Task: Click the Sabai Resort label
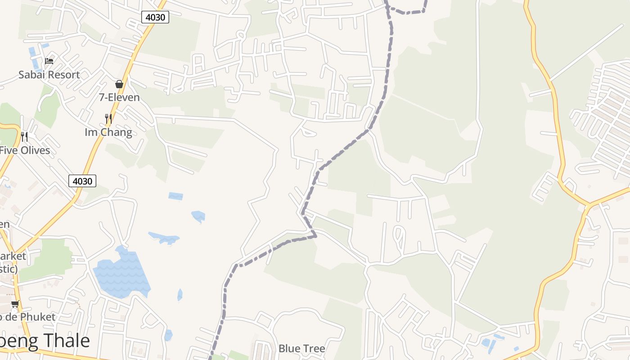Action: click(x=49, y=75)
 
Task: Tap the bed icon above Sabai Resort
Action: click(x=49, y=61)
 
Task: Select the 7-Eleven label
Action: click(x=119, y=97)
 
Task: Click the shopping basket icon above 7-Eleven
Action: click(x=119, y=84)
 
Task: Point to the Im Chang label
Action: click(x=108, y=132)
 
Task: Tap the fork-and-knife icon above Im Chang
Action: click(x=108, y=119)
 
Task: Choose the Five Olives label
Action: click(x=25, y=150)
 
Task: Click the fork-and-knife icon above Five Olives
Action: click(x=24, y=136)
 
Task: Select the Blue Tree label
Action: click(x=301, y=348)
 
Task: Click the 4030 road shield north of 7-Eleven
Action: click(x=155, y=18)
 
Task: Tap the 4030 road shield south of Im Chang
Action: click(x=82, y=181)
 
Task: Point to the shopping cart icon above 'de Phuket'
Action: click(x=15, y=304)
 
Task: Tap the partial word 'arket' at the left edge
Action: click(x=13, y=256)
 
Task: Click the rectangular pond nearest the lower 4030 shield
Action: click(x=175, y=196)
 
